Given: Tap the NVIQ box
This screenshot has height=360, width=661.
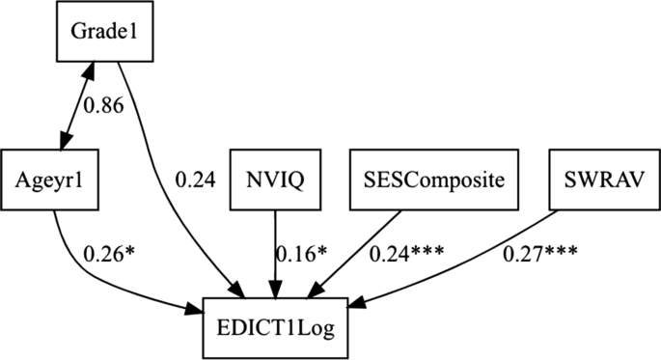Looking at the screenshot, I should pos(273,179).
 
